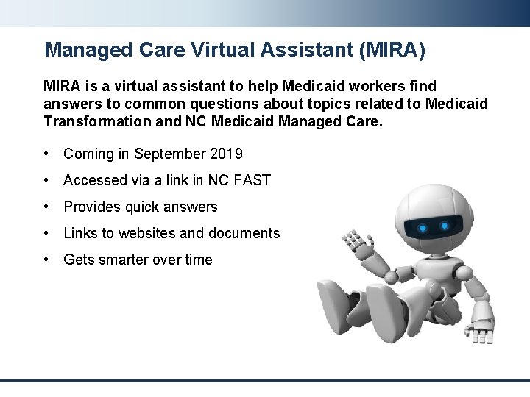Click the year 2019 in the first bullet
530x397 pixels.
(226, 154)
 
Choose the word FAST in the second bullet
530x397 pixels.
(254, 180)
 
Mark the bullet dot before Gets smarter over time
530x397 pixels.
(47, 260)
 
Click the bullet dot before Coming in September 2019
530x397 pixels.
(47, 154)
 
